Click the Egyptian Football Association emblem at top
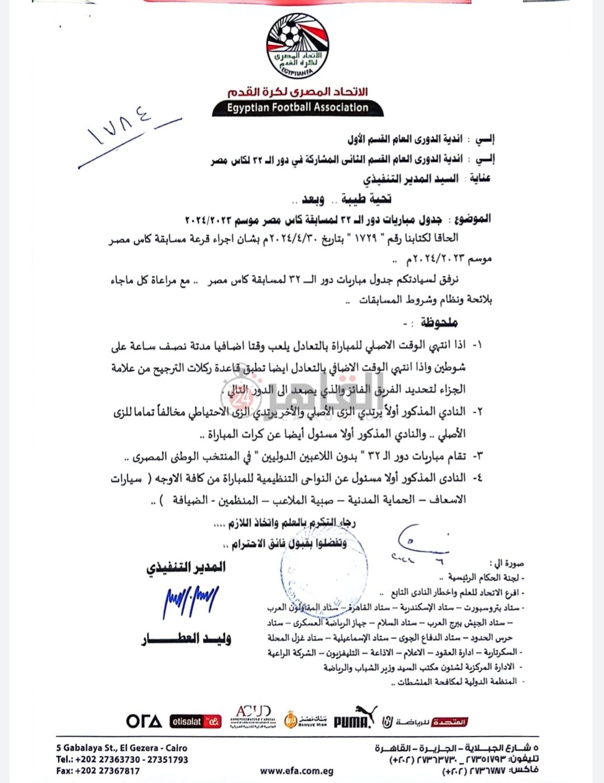297,45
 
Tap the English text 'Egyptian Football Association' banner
298,107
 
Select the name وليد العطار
186,638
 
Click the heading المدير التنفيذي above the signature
186,568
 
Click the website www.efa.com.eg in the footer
296,771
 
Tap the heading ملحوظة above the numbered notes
439,323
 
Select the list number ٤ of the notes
478,478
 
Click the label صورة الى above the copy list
506,563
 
